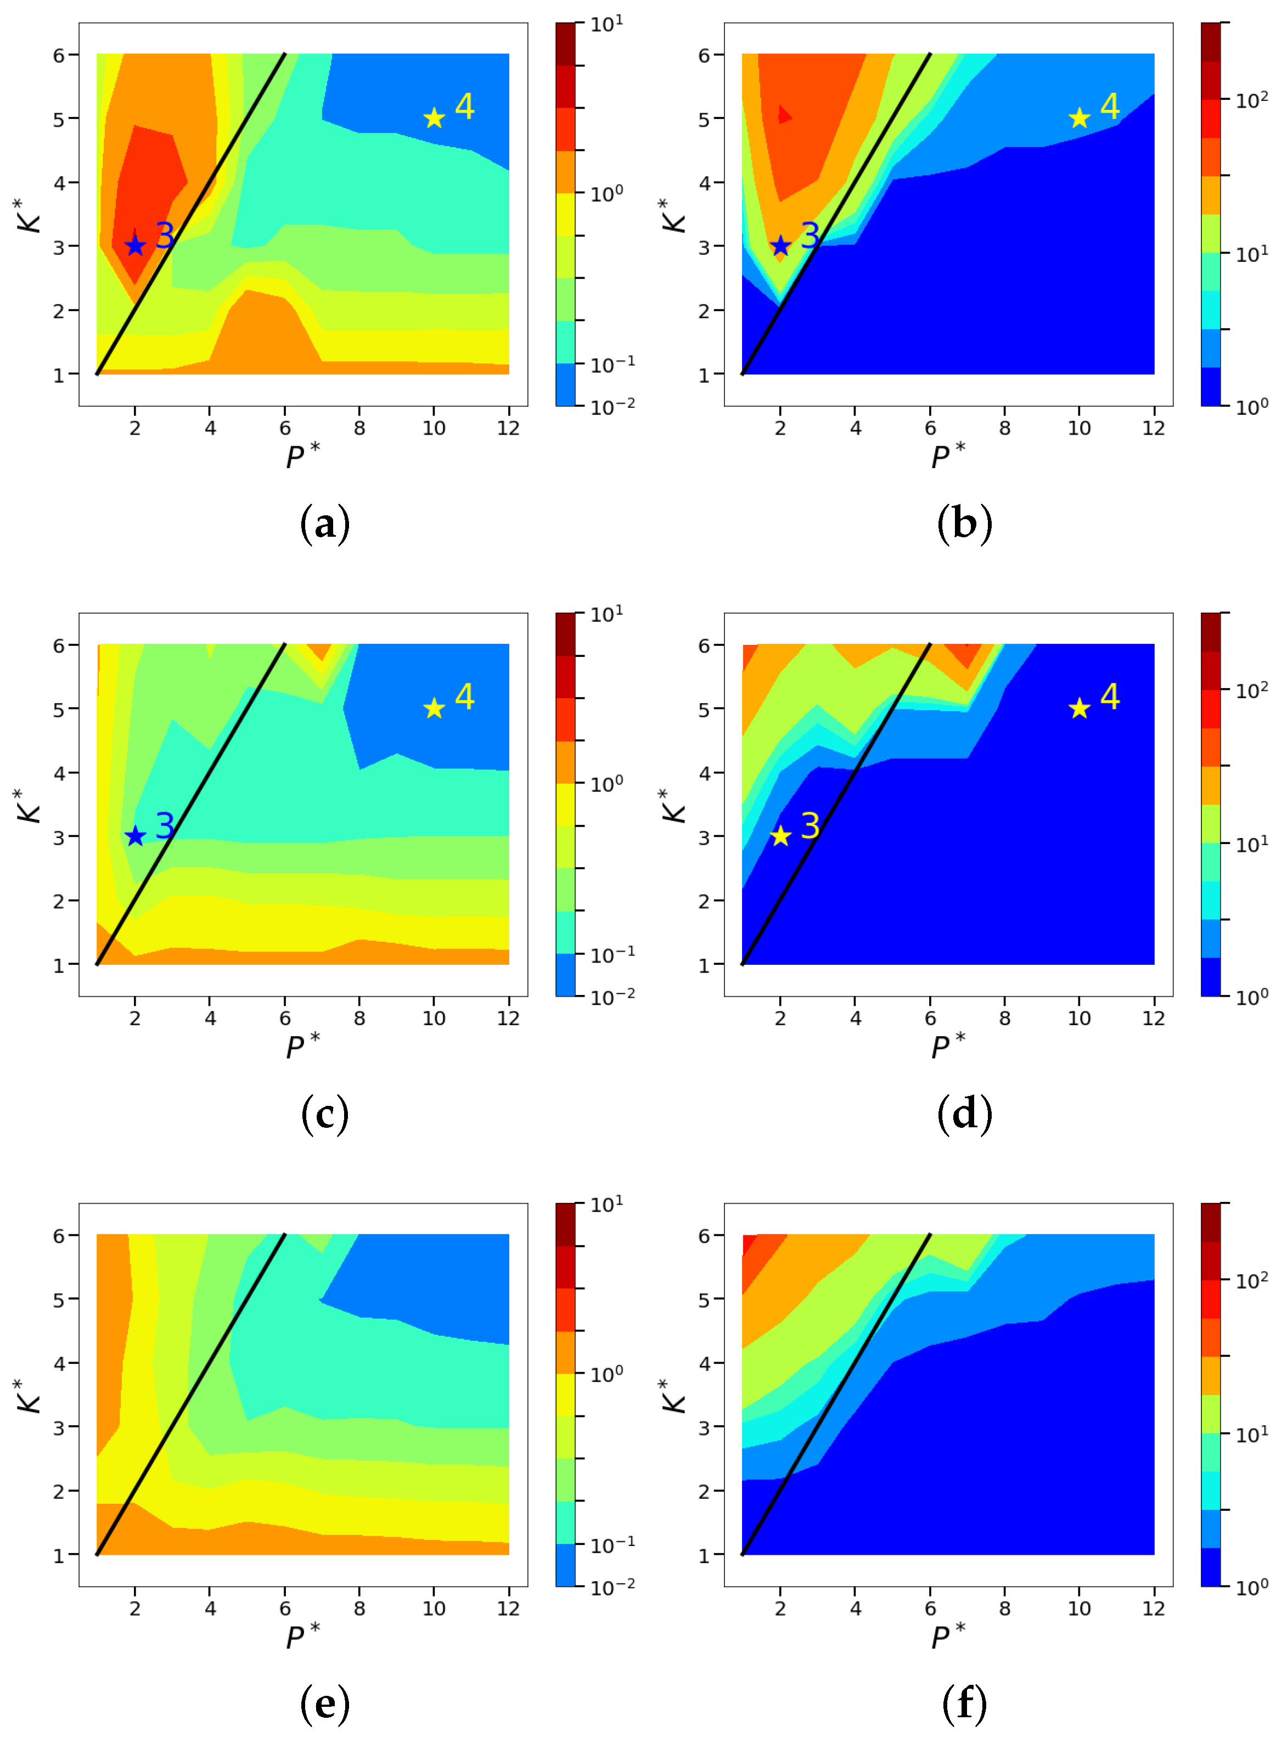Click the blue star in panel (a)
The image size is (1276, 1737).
(x=135, y=246)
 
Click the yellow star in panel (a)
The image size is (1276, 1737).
(x=434, y=118)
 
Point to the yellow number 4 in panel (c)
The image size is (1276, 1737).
(x=464, y=696)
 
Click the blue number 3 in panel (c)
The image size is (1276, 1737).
(x=165, y=825)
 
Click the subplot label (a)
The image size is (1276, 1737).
(x=324, y=525)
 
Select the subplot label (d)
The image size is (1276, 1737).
(x=964, y=1115)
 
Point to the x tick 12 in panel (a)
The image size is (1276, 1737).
(x=508, y=429)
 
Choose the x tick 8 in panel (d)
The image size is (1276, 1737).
(x=1004, y=1019)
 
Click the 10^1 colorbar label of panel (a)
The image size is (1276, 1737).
(x=607, y=25)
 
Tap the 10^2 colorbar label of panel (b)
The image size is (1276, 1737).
(x=1252, y=100)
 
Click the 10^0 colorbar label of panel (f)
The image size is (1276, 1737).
(x=1252, y=1587)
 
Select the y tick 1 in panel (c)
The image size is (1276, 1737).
(x=59, y=965)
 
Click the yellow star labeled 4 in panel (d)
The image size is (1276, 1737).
(x=1079, y=708)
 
